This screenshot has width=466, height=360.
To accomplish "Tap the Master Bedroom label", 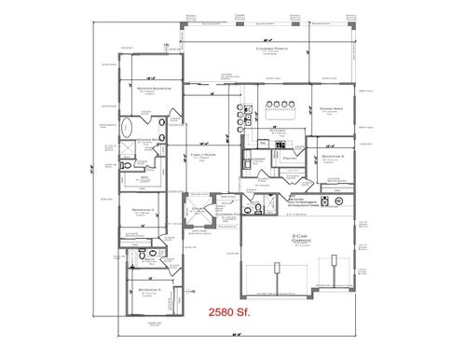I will (x=146, y=89).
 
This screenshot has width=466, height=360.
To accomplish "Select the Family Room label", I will (x=203, y=155).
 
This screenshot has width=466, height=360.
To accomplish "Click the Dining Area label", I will (x=333, y=109).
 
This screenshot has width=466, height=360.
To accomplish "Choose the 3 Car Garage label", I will (x=300, y=237).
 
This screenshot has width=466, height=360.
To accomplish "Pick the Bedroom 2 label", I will (x=144, y=211).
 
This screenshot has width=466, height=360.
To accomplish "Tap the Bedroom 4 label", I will (x=333, y=157).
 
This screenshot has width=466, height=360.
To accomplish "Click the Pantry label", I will (x=288, y=160).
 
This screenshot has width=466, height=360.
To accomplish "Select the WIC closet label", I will (x=145, y=176).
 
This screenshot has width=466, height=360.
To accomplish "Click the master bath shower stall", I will (x=130, y=149).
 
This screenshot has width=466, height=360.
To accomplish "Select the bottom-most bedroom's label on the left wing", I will (x=146, y=290).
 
